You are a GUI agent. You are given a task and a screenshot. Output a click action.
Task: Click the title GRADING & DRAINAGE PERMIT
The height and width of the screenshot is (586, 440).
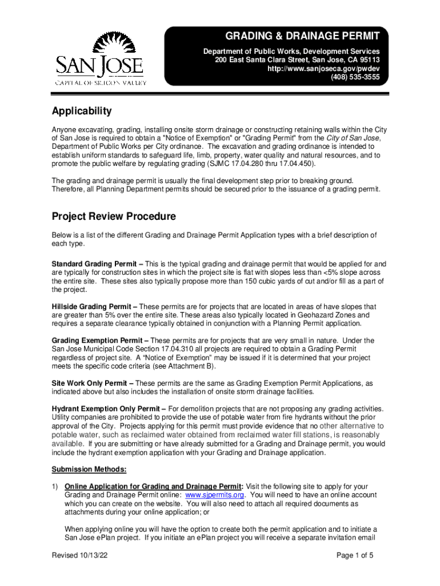tap(302, 37)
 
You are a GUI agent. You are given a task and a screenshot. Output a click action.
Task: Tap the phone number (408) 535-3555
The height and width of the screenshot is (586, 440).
tap(355, 77)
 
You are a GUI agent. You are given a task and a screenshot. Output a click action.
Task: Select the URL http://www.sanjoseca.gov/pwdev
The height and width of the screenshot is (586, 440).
tap(323, 69)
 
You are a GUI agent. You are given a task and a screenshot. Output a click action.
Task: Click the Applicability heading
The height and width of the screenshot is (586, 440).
tap(82, 111)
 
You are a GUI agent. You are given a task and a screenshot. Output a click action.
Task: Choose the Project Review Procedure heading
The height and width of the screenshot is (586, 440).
tap(114, 217)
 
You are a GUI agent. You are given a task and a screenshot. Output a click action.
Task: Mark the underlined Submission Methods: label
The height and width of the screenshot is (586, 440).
tap(89, 469)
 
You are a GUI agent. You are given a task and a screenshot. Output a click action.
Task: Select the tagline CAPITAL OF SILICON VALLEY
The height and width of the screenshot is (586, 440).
tap(101, 83)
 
